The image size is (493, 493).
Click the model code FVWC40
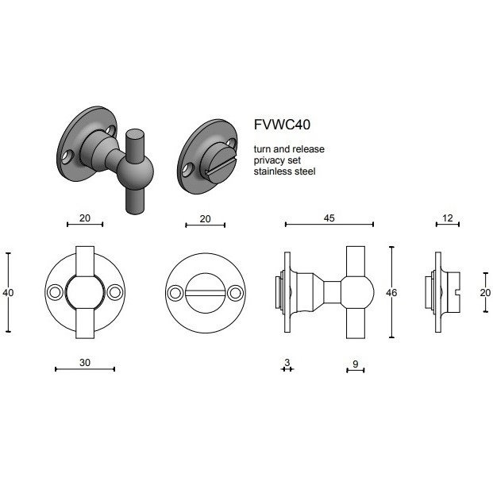(282, 125)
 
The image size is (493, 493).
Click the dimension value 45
(329, 218)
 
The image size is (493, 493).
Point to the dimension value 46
(391, 293)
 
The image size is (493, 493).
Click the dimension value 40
(8, 293)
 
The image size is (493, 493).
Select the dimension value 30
(85, 363)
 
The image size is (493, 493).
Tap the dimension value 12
(448, 218)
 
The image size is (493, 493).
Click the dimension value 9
(356, 364)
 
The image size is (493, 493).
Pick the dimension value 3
(287, 362)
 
